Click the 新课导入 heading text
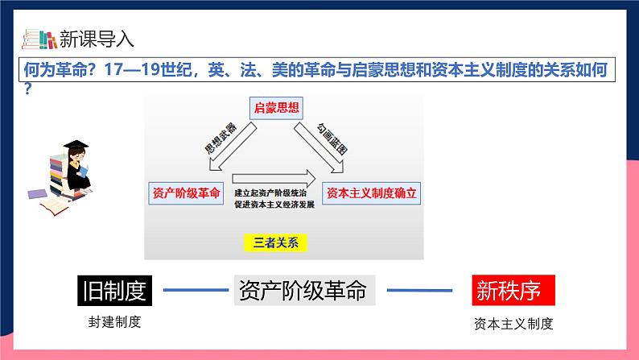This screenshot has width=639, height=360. [x=97, y=39]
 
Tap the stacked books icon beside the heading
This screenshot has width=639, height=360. [x=39, y=39]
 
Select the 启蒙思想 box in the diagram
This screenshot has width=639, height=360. [x=276, y=108]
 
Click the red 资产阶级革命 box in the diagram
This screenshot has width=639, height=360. [x=186, y=193]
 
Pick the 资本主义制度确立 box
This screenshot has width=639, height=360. [x=371, y=193]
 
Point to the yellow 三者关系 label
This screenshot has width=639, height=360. [x=275, y=242]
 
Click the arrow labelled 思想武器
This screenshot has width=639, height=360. [x=233, y=147]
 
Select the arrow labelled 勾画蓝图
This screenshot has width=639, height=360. [x=319, y=148]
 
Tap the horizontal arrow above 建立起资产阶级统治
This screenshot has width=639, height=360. [x=274, y=179]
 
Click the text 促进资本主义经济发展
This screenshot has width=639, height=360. [x=274, y=205]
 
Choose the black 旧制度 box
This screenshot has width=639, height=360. [x=114, y=291]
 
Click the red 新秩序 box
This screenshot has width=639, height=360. [x=513, y=290]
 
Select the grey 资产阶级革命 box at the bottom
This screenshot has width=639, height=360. [x=304, y=290]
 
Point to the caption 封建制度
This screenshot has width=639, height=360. [x=114, y=322]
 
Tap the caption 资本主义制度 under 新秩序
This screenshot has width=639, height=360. [x=513, y=324]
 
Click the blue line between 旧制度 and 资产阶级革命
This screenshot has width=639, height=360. [x=196, y=290]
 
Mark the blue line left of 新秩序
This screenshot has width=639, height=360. [x=420, y=290]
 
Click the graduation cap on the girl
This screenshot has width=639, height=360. [x=76, y=145]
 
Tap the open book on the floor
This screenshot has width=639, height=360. [x=55, y=207]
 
